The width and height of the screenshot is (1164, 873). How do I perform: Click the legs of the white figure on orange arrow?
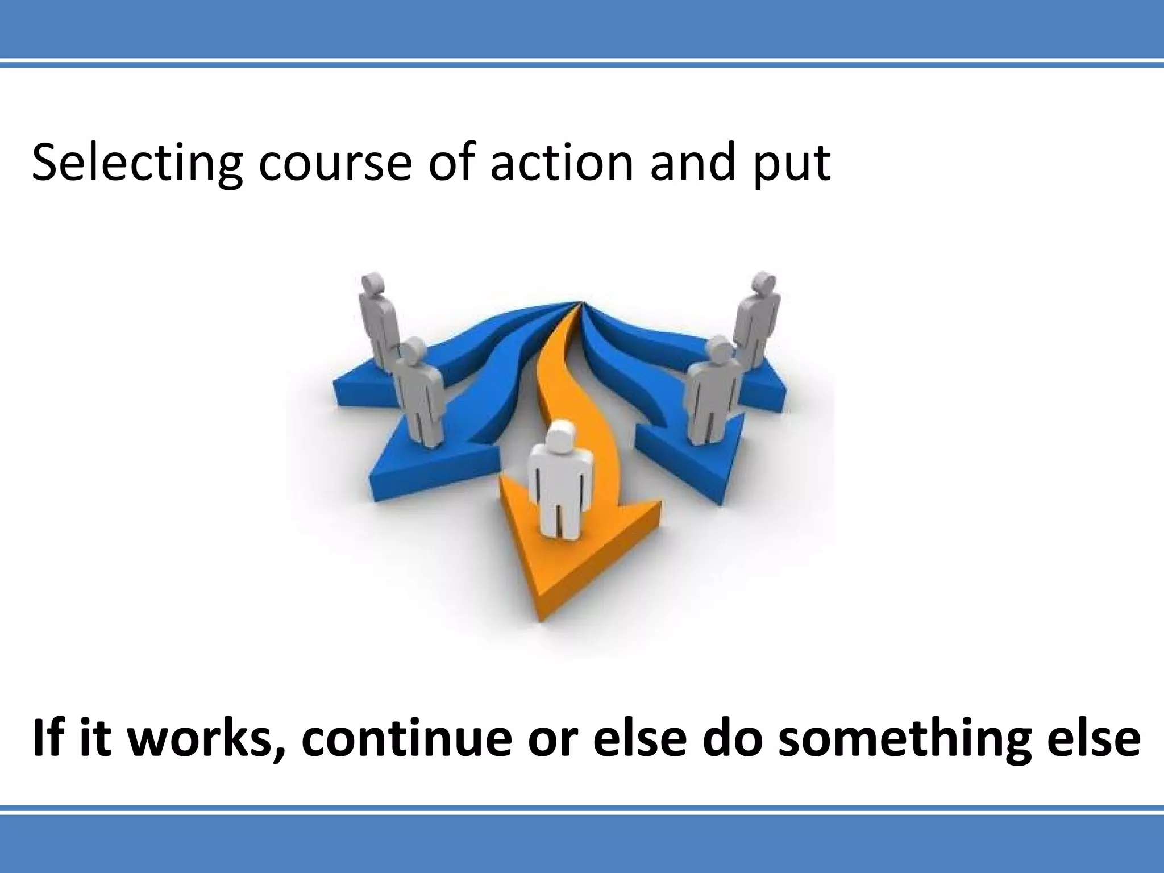(x=559, y=514)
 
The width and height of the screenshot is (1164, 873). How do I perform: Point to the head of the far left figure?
(x=373, y=284)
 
